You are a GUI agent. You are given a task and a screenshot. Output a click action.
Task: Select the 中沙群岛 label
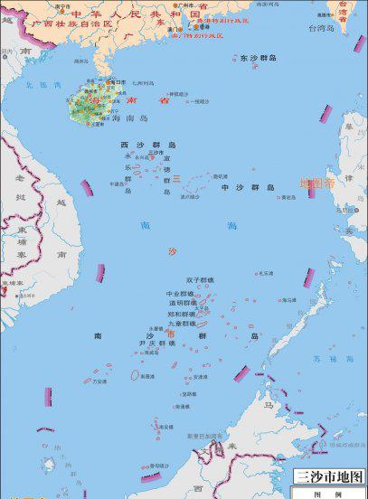(x=247, y=187)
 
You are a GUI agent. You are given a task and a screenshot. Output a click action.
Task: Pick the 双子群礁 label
(x=199, y=280)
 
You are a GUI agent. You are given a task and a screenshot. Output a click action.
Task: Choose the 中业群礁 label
(x=179, y=294)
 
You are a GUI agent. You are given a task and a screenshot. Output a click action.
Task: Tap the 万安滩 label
(x=99, y=381)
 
